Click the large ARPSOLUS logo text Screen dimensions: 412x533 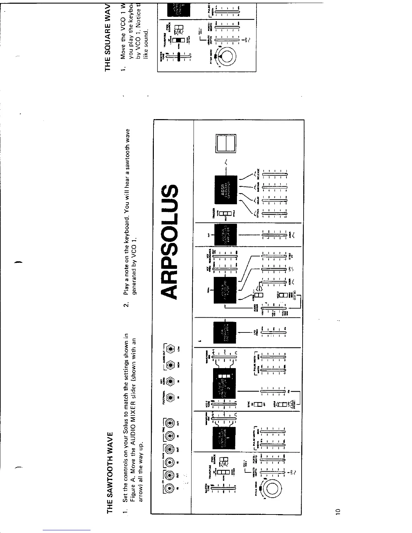click(174, 242)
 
